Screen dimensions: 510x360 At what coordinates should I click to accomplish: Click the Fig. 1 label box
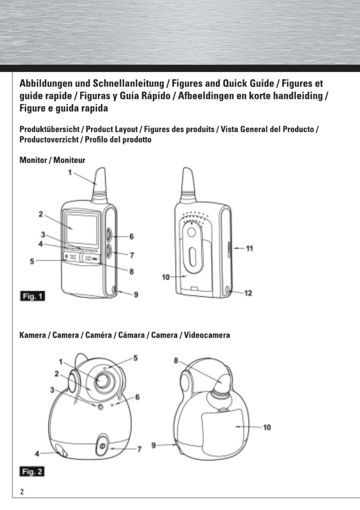[32, 296]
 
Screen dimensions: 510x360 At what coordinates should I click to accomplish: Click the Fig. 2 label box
[32, 471]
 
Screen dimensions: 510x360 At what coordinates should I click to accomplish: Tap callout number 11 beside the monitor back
[249, 248]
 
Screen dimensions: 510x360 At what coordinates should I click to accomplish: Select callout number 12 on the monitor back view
[248, 293]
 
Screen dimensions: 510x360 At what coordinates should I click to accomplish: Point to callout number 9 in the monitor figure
[136, 294]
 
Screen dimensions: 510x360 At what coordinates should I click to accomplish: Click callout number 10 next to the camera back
[266, 427]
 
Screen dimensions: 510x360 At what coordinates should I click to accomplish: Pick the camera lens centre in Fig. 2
[103, 380]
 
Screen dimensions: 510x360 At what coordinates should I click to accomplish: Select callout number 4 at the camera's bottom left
[37, 453]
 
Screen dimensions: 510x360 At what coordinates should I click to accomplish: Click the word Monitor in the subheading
[33, 160]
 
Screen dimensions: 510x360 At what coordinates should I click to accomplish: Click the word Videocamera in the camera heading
[207, 335]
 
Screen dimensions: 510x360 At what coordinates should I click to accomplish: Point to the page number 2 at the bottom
[22, 491]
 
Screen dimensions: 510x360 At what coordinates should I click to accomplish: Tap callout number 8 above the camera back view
[176, 360]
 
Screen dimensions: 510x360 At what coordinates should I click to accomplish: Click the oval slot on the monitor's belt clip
[192, 256]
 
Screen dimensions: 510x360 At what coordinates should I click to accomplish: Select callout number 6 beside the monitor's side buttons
[131, 236]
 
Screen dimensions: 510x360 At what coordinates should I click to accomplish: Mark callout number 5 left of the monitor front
[32, 261]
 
